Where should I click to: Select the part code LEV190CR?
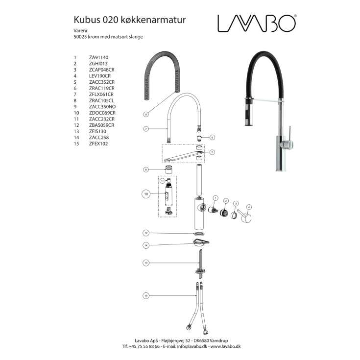pos(100,76)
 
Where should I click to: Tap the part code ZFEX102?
pos(98,144)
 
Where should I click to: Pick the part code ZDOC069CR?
pos(102,113)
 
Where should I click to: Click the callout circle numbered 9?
pos(146,114)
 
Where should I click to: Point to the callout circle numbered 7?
pos(146,129)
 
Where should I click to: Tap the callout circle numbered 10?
pos(146,194)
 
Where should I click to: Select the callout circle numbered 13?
pos(146,263)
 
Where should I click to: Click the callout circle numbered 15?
pos(146,295)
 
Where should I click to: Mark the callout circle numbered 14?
pos(146,245)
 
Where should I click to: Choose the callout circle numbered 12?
pos(146,233)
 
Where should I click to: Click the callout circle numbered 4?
pos(249,207)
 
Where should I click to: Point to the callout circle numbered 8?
pos(146,169)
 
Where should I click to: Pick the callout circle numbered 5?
pos(212,152)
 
